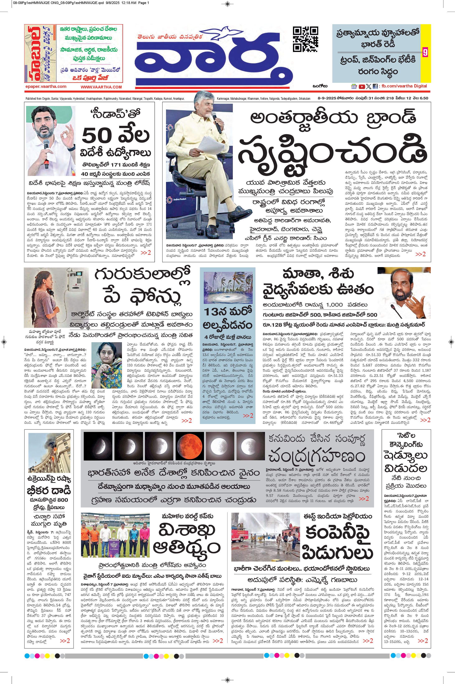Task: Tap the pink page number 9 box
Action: tap(425, 53)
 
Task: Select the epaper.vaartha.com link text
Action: tap(46, 86)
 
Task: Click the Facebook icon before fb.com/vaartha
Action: tap(375, 86)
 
